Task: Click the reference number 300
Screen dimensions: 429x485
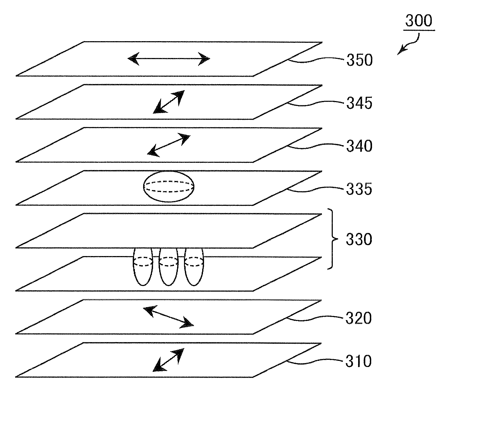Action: click(418, 21)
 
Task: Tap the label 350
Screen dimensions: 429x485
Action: click(359, 60)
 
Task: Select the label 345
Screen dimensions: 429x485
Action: click(359, 103)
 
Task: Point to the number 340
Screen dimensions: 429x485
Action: click(359, 146)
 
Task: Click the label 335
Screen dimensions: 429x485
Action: click(359, 189)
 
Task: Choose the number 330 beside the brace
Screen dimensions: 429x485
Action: click(359, 239)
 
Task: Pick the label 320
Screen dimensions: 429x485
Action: click(359, 318)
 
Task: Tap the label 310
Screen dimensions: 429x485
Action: click(359, 361)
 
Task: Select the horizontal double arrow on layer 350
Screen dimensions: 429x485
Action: click(169, 59)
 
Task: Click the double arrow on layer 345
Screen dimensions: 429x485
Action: click(169, 102)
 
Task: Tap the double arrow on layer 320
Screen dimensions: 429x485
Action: click(169, 317)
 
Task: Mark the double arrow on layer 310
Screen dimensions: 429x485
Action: click(168, 360)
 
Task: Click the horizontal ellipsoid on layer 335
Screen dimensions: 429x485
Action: click(169, 186)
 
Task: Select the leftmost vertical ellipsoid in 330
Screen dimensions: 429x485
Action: click(143, 267)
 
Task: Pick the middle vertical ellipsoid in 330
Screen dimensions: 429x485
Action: click(169, 267)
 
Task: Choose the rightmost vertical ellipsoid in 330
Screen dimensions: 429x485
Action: click(194, 267)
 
